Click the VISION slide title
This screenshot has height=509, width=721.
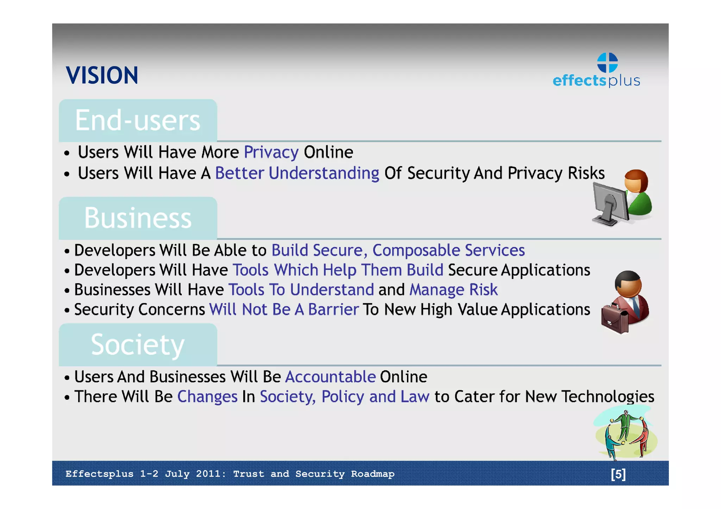(x=102, y=75)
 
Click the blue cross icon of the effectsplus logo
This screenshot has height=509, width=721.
(x=607, y=63)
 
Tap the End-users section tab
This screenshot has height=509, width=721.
(x=138, y=120)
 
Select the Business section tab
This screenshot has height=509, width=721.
(x=138, y=218)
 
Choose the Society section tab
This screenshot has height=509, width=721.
(x=138, y=345)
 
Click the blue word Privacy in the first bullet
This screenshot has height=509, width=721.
(x=271, y=152)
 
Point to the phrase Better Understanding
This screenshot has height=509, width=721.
(x=297, y=173)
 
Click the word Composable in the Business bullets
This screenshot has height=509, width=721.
(x=416, y=250)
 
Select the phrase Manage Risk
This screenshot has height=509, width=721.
(x=453, y=290)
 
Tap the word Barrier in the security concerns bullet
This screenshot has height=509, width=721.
(x=333, y=310)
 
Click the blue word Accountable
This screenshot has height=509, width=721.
(x=330, y=377)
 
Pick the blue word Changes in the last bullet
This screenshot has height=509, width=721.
(x=207, y=397)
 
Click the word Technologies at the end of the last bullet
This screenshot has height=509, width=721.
(x=608, y=397)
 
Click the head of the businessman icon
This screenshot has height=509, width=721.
(x=628, y=284)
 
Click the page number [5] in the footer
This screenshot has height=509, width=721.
(x=618, y=474)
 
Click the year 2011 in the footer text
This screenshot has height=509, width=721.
(x=209, y=474)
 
